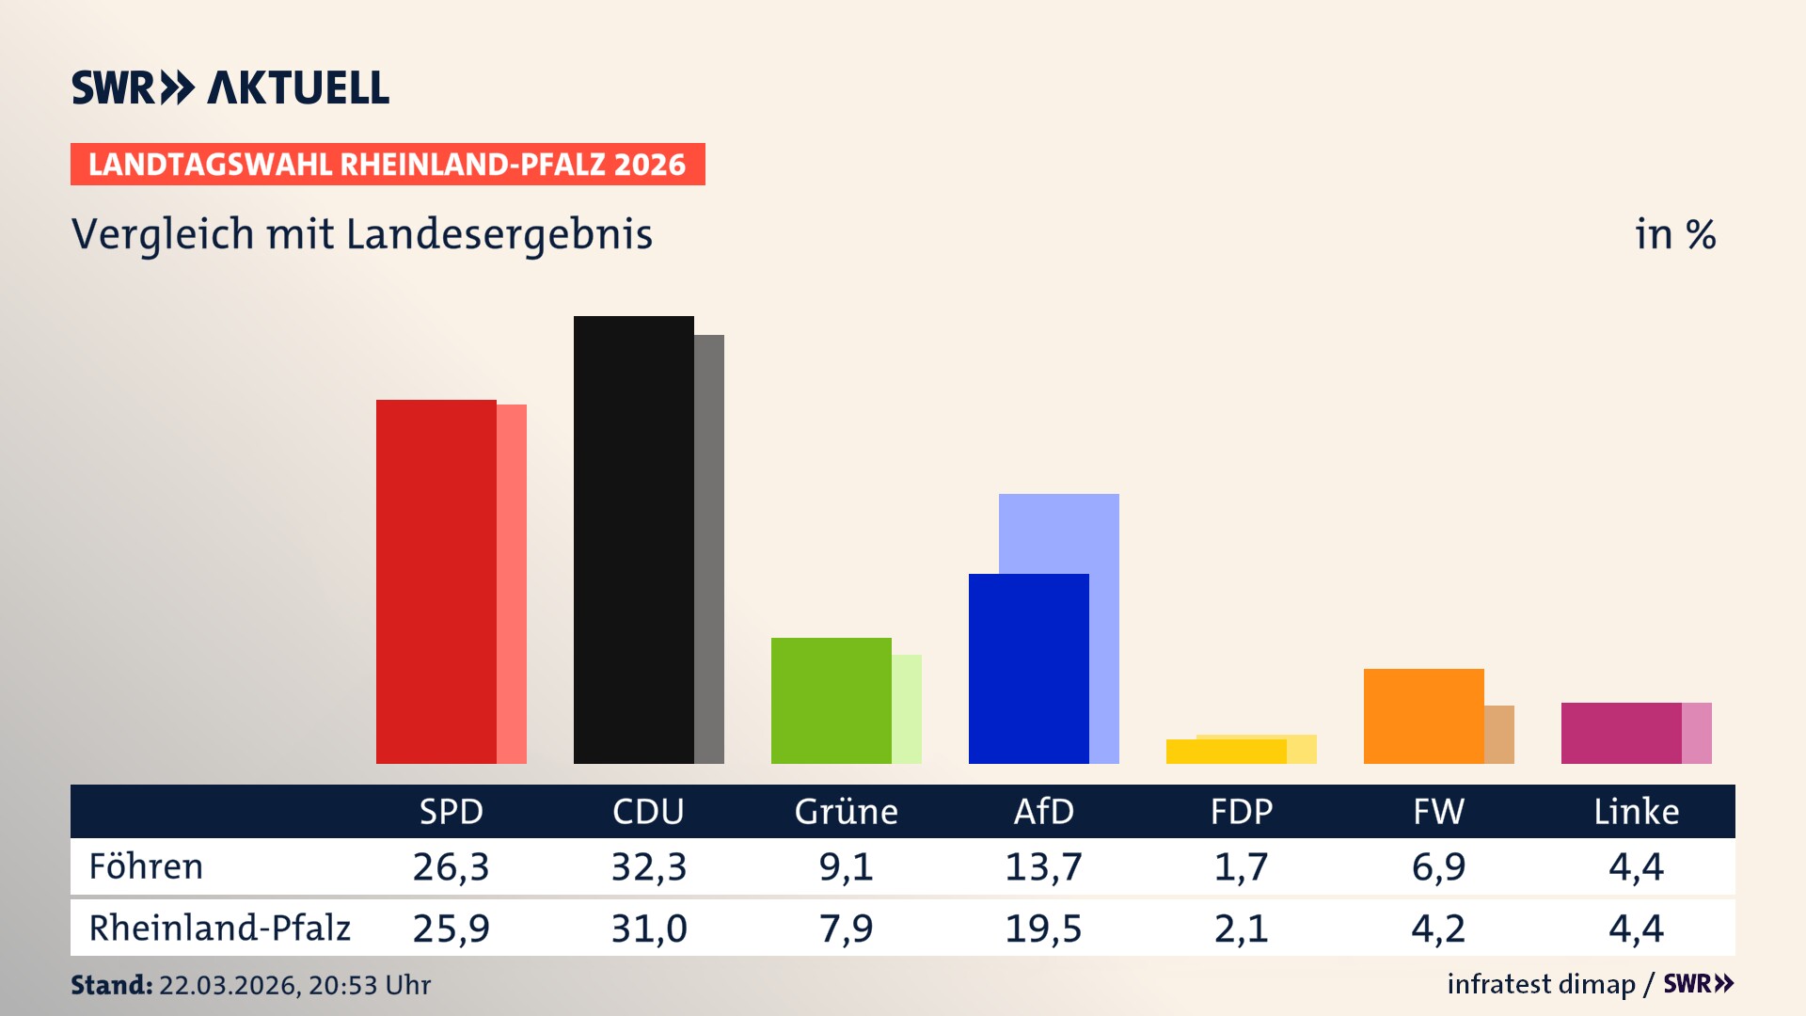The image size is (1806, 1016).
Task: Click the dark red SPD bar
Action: [x=436, y=581]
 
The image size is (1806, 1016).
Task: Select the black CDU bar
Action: [x=633, y=539]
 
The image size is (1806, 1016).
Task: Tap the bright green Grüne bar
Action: [x=831, y=700]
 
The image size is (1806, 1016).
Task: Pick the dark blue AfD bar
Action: [x=1028, y=668]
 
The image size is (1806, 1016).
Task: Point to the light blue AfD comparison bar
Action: [x=1059, y=532]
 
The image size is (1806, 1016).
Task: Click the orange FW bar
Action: [x=1423, y=715]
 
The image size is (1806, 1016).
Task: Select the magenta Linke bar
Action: [x=1621, y=732]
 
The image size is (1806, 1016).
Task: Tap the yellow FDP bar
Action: [x=1226, y=752]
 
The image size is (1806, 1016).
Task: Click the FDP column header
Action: [x=1241, y=811]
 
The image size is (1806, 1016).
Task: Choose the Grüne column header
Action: [x=846, y=811]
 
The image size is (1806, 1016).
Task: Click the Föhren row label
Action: [x=146, y=866]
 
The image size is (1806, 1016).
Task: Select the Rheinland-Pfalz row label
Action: [x=219, y=928]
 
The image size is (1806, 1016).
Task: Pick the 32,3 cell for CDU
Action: [x=648, y=866]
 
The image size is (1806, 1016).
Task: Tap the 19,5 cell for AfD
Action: [x=1043, y=929]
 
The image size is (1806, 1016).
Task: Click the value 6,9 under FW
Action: [x=1438, y=866]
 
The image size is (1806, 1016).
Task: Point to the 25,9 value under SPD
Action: [x=451, y=929]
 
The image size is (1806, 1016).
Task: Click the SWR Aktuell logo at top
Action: [x=230, y=87]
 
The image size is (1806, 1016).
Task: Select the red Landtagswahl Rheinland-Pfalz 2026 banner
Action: [x=387, y=164]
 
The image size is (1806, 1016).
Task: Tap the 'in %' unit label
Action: [x=1674, y=234]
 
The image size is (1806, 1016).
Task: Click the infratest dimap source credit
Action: [x=1541, y=984]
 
